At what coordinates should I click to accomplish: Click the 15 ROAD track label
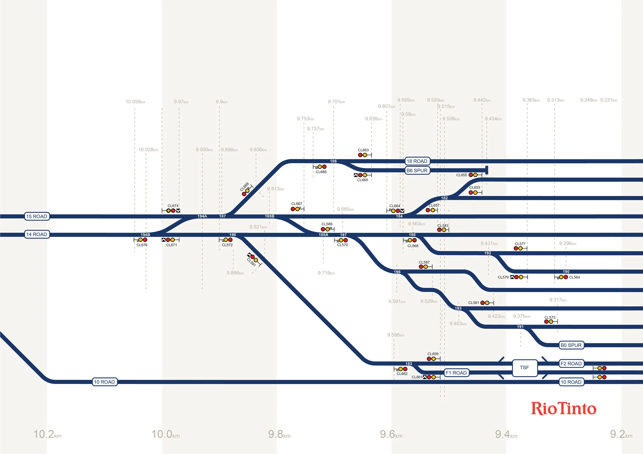(x=37, y=216)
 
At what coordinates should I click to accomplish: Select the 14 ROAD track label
(x=37, y=234)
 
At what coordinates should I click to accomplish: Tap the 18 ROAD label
(x=417, y=161)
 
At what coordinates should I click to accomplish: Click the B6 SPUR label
(x=417, y=170)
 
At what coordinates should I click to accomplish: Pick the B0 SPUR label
(x=571, y=345)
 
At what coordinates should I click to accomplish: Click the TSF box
(x=524, y=367)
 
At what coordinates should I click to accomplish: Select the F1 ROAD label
(x=456, y=373)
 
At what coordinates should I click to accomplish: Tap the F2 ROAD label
(x=571, y=363)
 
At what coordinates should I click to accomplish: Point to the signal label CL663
(x=363, y=150)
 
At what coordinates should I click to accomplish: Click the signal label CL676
(x=142, y=245)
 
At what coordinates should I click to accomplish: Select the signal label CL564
(x=574, y=277)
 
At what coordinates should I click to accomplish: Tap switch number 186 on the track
(x=333, y=161)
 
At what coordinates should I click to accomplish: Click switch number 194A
(x=202, y=216)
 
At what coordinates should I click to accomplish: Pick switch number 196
(x=397, y=272)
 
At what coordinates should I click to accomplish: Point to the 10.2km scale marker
(x=47, y=434)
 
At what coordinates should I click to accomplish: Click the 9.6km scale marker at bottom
(x=391, y=434)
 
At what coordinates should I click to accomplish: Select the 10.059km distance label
(x=135, y=101)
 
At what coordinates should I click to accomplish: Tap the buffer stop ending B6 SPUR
(x=487, y=170)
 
